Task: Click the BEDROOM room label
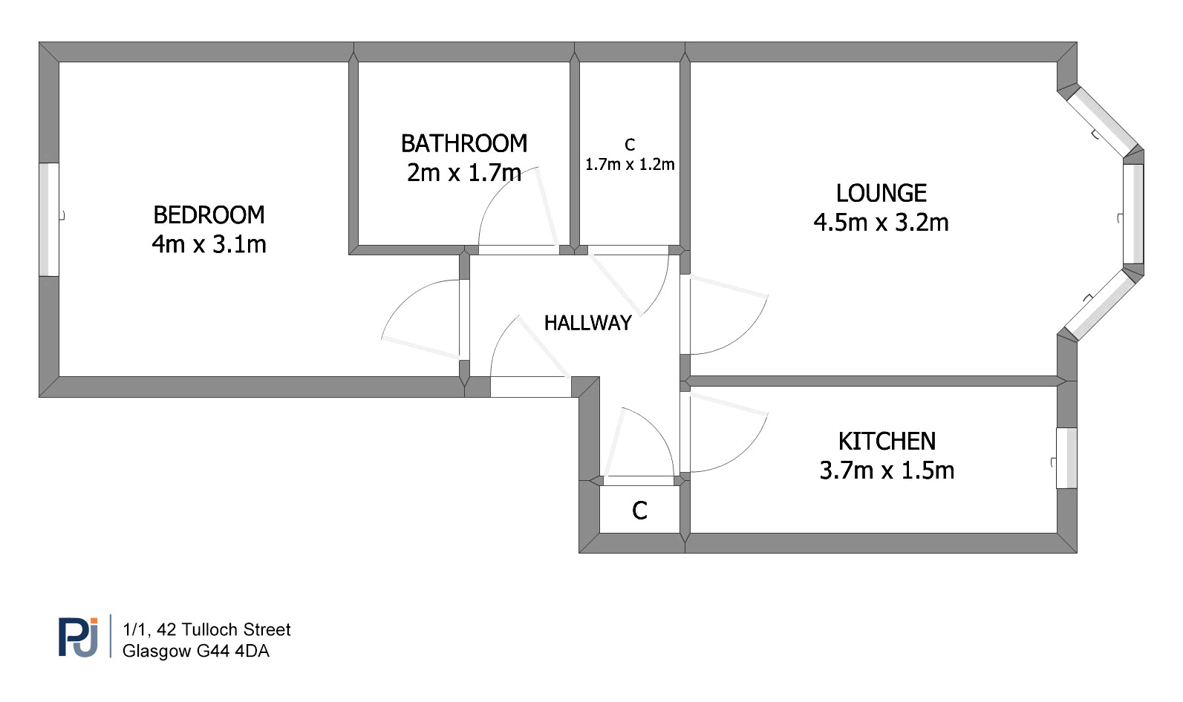(209, 214)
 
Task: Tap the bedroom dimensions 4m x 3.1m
(209, 244)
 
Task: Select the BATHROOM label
(464, 143)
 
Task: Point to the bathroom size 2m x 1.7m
(464, 173)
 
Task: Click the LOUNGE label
(881, 193)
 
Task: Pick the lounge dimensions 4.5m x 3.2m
(881, 222)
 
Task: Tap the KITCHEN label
(887, 442)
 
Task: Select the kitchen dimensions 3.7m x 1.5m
(887, 470)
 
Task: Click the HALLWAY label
(588, 323)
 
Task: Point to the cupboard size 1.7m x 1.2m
(630, 165)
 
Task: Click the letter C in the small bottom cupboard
(639, 511)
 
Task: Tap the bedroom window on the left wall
(49, 220)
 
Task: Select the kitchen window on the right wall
(1066, 458)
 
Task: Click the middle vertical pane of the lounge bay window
(1133, 214)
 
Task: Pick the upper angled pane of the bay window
(1101, 122)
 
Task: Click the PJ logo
(78, 637)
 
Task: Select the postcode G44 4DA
(232, 651)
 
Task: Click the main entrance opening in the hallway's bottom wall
(531, 387)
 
